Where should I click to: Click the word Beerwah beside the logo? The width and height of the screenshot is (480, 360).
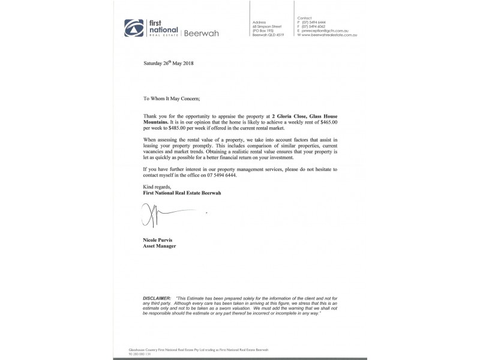[x=202, y=34]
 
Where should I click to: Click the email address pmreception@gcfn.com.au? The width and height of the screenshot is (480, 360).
[x=328, y=31]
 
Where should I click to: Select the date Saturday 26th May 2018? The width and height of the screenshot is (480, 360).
[x=169, y=62]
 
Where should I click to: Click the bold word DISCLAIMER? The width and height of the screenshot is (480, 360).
[x=157, y=298]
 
